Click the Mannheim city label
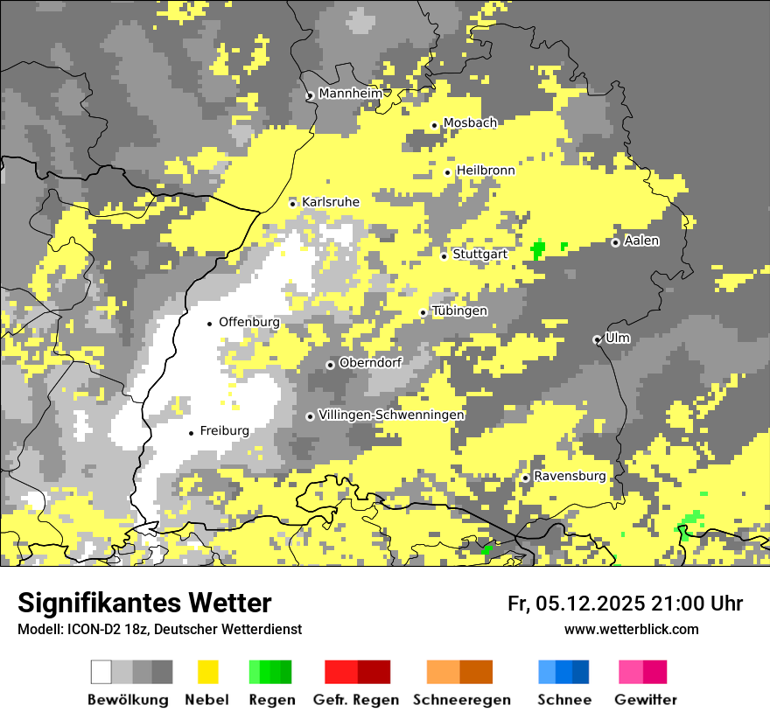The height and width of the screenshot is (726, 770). click(x=351, y=94)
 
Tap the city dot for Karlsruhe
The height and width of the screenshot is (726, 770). click(x=293, y=204)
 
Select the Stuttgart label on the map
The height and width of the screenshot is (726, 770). click(x=480, y=255)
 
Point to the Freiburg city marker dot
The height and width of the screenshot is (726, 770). click(x=191, y=433)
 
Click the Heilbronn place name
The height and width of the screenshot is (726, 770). click(x=486, y=171)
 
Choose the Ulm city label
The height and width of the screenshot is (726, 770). click(x=618, y=338)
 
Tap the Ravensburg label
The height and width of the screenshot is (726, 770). click(x=570, y=477)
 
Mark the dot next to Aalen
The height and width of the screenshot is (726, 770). click(x=615, y=242)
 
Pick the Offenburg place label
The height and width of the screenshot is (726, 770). click(x=249, y=322)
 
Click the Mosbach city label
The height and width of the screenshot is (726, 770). click(x=470, y=123)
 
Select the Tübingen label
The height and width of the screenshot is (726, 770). click(x=459, y=311)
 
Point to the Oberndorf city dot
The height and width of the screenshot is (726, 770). click(x=330, y=365)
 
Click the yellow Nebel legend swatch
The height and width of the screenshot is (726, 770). click(x=208, y=672)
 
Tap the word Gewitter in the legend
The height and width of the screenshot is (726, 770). click(x=646, y=700)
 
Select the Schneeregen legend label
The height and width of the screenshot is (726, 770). click(x=462, y=700)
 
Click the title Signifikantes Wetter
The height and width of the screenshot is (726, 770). click(x=144, y=603)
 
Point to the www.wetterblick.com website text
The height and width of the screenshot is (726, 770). click(x=631, y=629)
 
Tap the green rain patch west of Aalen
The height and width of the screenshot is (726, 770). click(x=537, y=249)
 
